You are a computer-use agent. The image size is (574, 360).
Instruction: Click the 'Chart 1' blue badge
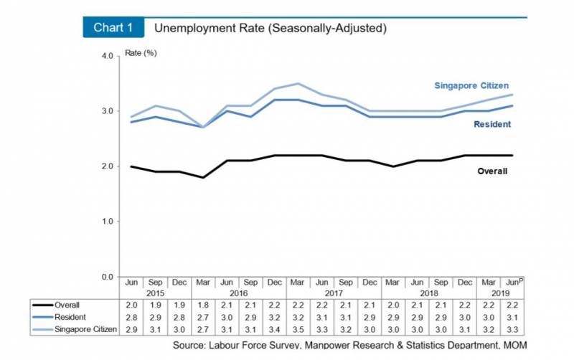point(113,29)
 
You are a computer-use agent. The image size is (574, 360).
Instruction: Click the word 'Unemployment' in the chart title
point(188,29)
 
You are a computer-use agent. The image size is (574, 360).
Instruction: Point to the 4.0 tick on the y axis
point(107,56)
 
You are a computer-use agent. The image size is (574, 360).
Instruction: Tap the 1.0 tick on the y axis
point(107,222)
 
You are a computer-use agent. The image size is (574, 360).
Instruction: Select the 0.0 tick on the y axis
point(107,277)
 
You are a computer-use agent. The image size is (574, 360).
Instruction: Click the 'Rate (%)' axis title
point(141,54)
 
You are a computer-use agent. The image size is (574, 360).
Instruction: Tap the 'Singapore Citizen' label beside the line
point(471,86)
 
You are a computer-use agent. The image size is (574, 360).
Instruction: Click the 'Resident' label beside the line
point(492,125)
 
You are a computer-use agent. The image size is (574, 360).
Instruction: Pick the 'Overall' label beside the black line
point(492,171)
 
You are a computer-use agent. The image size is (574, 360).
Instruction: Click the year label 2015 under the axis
point(156,294)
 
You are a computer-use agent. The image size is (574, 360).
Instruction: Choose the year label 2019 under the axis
point(502,294)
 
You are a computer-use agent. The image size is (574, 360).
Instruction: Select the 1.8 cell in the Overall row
point(204,305)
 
